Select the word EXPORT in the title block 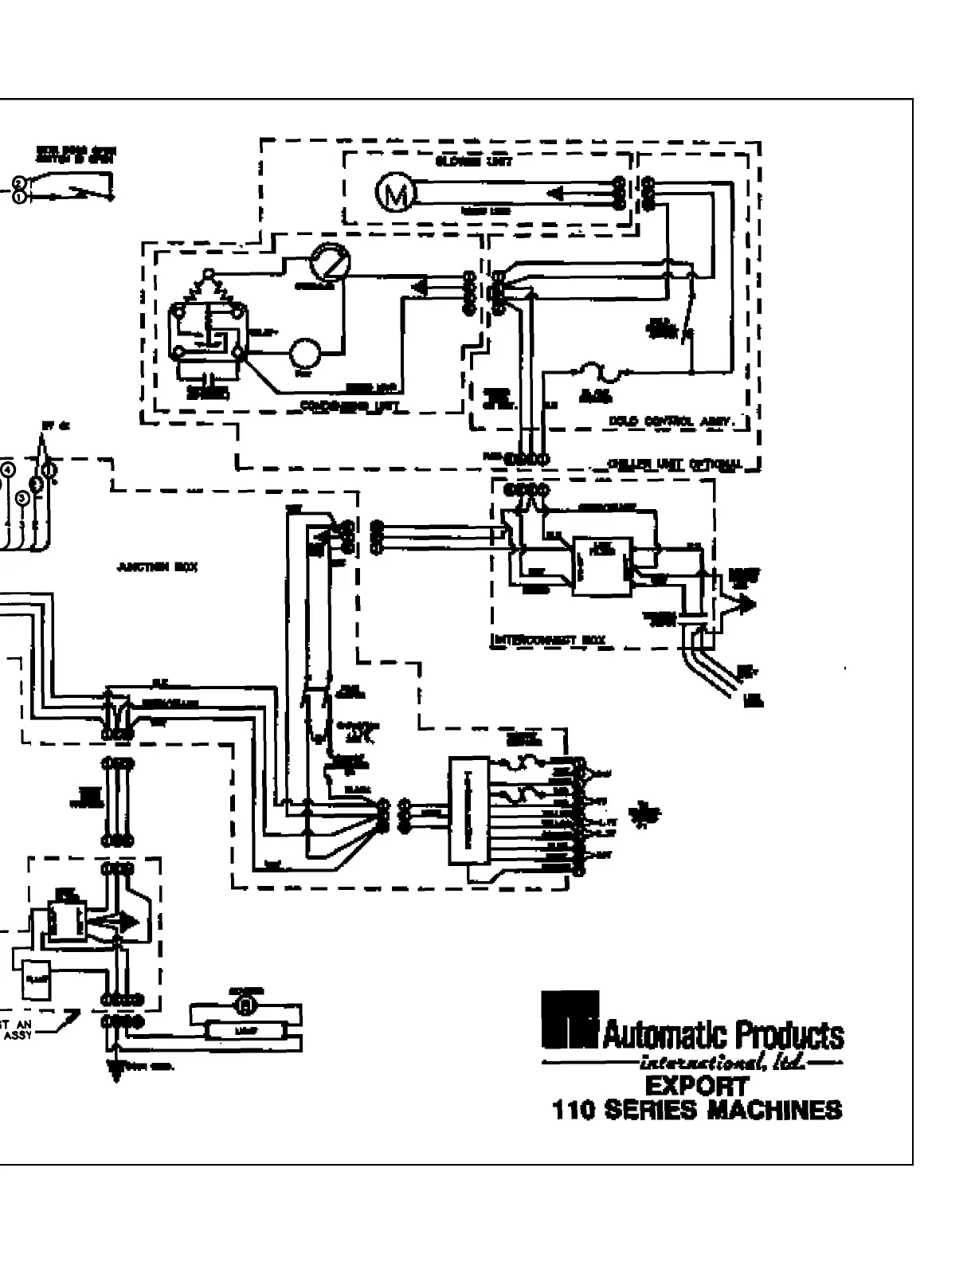696,1086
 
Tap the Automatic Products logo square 569,1019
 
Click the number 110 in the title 574,1110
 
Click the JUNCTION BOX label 157,567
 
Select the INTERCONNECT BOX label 550,639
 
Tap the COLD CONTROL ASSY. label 678,420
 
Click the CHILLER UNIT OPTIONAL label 674,464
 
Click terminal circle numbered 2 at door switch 18,182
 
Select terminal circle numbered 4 8,469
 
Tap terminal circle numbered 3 22,497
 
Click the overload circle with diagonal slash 329,262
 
